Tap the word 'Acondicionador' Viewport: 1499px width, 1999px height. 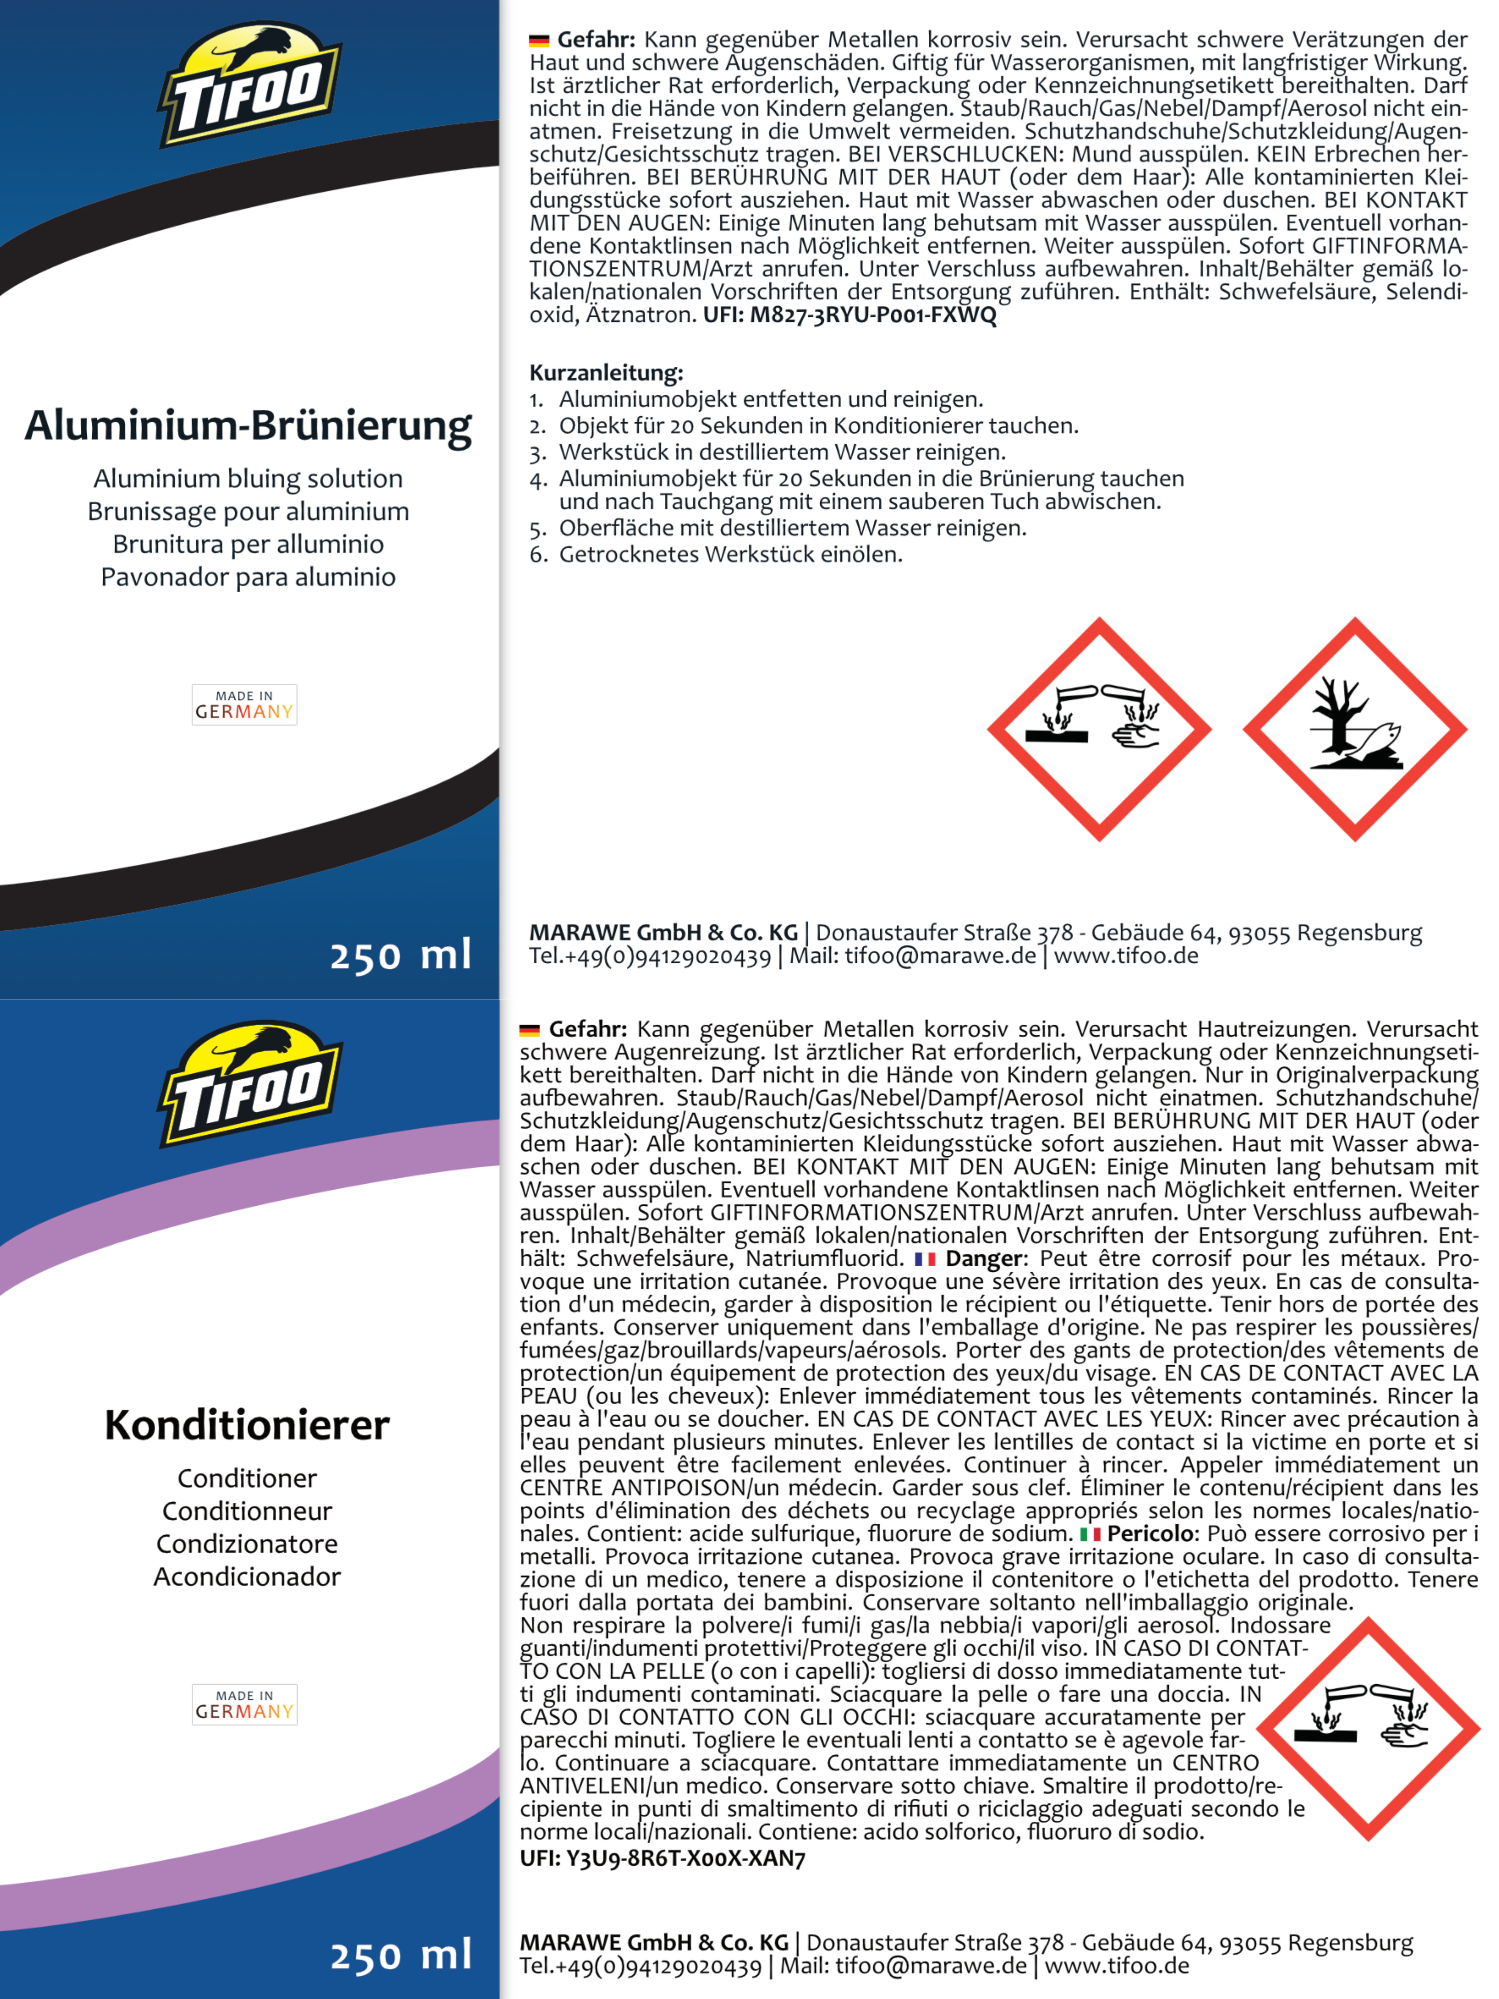tap(247, 1577)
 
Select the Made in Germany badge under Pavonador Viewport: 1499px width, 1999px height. tap(244, 705)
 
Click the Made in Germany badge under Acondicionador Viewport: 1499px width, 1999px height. tap(244, 1705)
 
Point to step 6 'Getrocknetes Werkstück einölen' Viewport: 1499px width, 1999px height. tap(730, 554)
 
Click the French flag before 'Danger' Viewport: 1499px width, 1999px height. tap(924, 1259)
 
